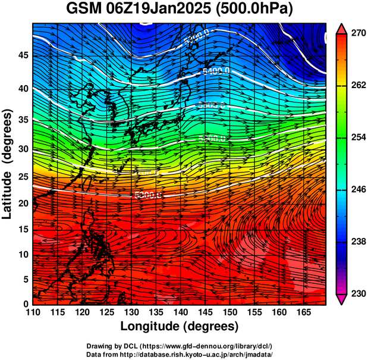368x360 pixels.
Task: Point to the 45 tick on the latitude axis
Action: [22, 56]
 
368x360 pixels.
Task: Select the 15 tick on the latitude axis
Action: [22, 229]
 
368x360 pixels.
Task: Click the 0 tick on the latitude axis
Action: [25, 303]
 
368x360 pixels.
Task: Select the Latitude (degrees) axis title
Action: [8, 164]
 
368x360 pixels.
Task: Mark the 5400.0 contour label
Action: [215, 71]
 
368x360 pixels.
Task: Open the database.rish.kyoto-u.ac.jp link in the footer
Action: [196, 354]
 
